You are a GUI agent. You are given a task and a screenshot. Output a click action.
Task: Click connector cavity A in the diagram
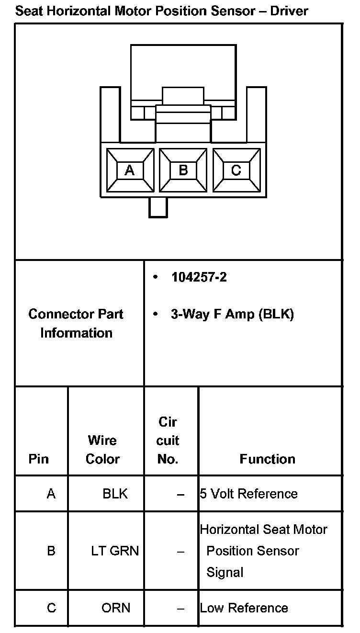(x=130, y=170)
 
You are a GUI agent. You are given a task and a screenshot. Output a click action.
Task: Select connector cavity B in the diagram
(x=183, y=170)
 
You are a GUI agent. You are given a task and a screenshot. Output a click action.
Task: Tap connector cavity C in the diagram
(x=236, y=170)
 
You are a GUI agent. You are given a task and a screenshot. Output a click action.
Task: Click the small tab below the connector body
(x=158, y=207)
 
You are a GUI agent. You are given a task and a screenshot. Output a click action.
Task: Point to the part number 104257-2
(x=199, y=278)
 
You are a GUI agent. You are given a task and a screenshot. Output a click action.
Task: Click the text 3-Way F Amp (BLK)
(x=232, y=315)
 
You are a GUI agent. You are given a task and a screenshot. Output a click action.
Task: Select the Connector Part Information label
(x=76, y=324)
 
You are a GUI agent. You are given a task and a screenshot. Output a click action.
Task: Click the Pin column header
(x=39, y=459)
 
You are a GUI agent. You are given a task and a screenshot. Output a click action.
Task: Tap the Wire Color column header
(x=102, y=450)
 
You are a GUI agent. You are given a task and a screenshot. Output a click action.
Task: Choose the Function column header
(x=268, y=459)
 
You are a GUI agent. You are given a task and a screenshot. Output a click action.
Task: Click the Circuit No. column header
(x=168, y=441)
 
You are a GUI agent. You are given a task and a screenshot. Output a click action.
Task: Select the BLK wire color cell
(x=115, y=494)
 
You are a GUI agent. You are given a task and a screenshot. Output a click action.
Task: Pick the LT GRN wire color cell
(x=115, y=551)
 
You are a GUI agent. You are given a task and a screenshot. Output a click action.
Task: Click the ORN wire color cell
(x=116, y=608)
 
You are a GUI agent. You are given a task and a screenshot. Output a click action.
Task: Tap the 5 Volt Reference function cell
(x=249, y=494)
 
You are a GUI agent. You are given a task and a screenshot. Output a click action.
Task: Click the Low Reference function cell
(x=244, y=608)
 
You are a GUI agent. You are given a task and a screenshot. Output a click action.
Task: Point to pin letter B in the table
(x=51, y=551)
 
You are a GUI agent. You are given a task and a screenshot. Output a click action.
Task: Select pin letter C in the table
(x=51, y=608)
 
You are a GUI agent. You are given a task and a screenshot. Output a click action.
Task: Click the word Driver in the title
(x=289, y=11)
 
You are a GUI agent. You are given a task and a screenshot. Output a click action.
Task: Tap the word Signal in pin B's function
(x=225, y=572)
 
